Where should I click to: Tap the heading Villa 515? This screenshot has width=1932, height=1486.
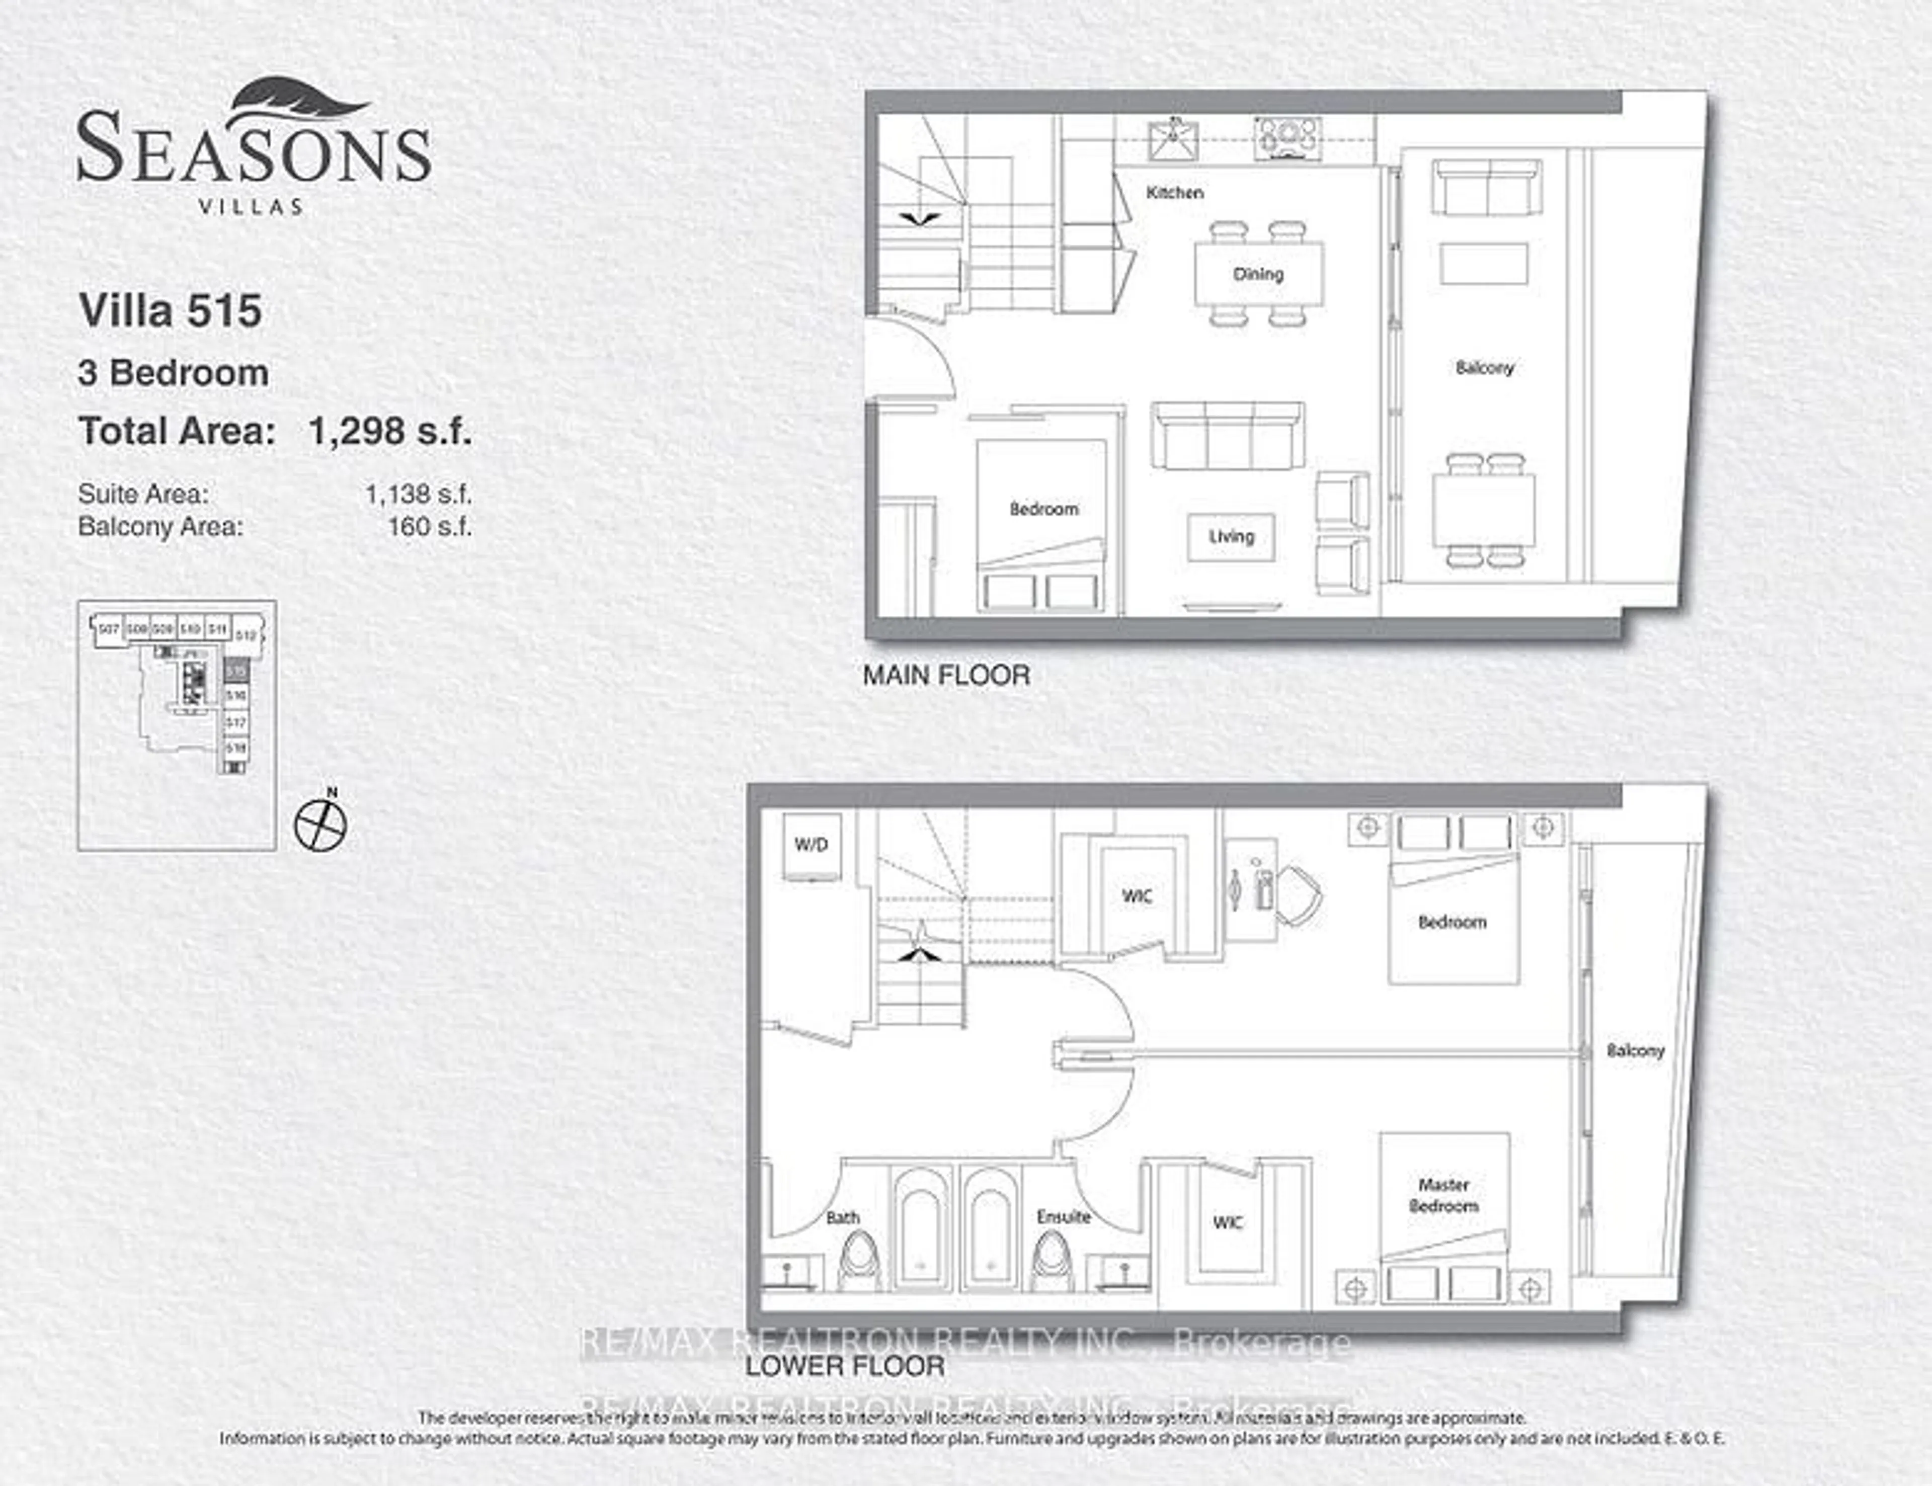click(x=171, y=310)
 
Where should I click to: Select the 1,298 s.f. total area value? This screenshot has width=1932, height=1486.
click(x=389, y=432)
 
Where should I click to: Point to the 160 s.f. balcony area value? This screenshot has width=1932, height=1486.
click(x=429, y=527)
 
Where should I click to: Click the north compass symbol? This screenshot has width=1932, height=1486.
click(x=320, y=824)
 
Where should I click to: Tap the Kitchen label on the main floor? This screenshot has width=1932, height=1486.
click(x=1174, y=192)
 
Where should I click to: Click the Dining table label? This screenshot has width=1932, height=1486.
click(x=1258, y=274)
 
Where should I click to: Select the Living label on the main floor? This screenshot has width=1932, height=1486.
click(x=1231, y=536)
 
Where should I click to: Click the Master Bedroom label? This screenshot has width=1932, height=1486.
click(x=1443, y=1195)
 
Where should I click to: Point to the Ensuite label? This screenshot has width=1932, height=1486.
click(x=1063, y=1217)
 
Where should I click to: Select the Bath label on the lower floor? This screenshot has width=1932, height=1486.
click(x=842, y=1218)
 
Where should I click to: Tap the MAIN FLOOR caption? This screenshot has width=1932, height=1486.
click(x=946, y=676)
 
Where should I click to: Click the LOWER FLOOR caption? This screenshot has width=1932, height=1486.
click(x=845, y=1366)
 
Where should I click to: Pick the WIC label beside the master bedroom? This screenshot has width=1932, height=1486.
click(x=1228, y=1222)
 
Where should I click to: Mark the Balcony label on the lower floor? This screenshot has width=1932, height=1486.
click(x=1635, y=1051)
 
